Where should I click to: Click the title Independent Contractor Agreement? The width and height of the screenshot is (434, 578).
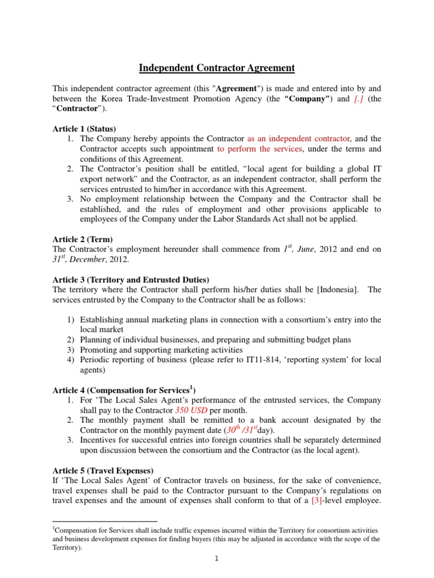click(217, 68)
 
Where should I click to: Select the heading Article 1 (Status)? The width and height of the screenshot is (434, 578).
click(84, 129)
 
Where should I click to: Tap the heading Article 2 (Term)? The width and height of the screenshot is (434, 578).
click(82, 239)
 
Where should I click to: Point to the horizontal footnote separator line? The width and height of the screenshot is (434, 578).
click(105, 522)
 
